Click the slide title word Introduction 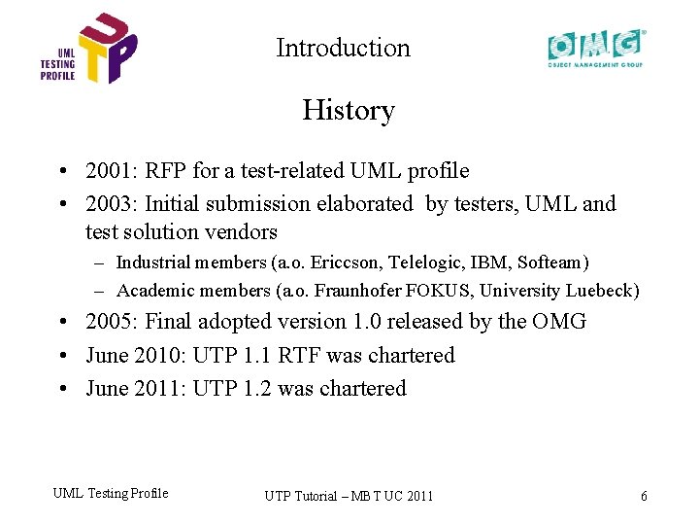pyautogui.click(x=343, y=48)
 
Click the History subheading pyautogui.click(x=348, y=110)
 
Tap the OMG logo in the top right pyautogui.click(x=595, y=48)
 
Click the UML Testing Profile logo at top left pyautogui.click(x=88, y=50)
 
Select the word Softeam pyautogui.click(x=550, y=262)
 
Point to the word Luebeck pyautogui.click(x=604, y=291)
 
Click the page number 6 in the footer pyautogui.click(x=644, y=496)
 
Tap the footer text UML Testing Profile pyautogui.click(x=110, y=493)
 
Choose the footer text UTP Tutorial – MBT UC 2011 pyautogui.click(x=349, y=496)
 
